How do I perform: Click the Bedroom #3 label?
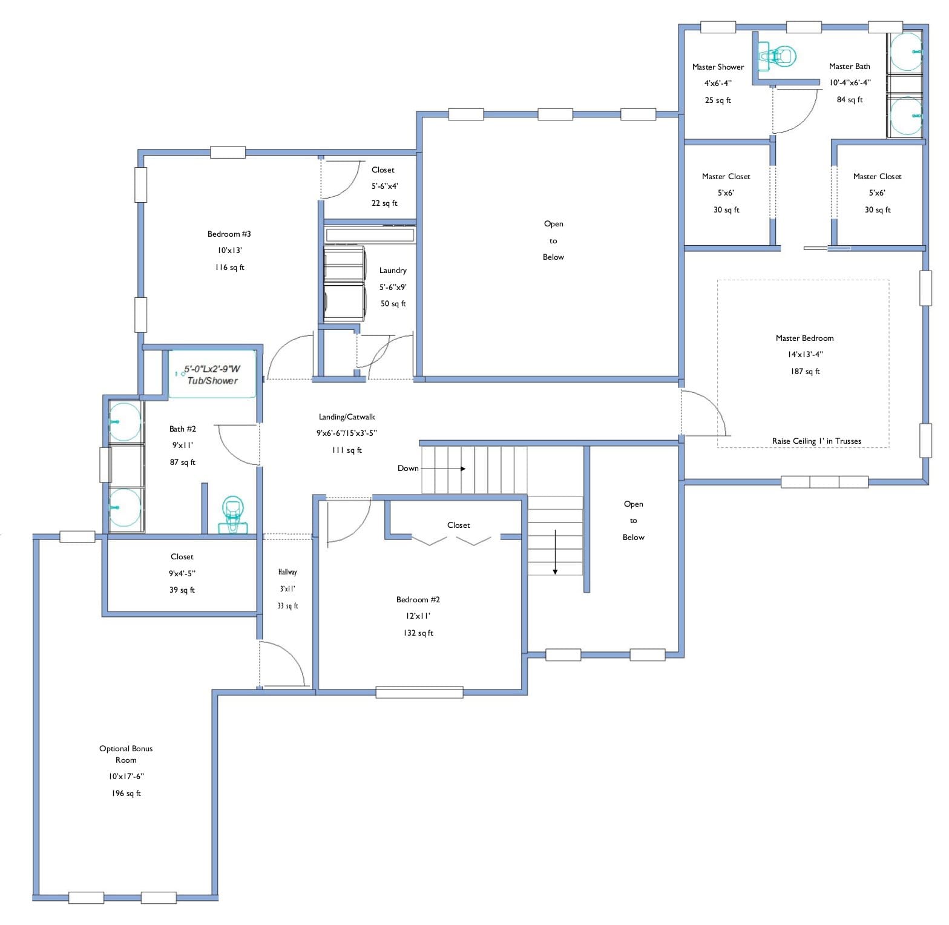229,234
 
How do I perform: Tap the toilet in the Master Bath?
778,56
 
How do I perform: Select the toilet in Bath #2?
232,515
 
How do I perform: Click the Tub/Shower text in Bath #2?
212,381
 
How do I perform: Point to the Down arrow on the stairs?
443,469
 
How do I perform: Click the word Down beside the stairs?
408,468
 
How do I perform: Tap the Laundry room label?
393,271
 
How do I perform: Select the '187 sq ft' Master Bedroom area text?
805,372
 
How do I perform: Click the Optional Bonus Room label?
126,754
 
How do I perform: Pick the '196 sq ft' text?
126,794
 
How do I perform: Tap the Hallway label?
287,572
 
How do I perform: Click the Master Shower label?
718,67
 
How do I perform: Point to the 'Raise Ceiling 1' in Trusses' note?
816,441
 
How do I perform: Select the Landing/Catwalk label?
347,417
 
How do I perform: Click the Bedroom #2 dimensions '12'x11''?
418,616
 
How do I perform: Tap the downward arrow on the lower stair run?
555,552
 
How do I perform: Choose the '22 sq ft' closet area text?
384,203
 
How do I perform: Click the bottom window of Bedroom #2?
419,693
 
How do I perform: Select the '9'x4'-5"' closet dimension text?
182,573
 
